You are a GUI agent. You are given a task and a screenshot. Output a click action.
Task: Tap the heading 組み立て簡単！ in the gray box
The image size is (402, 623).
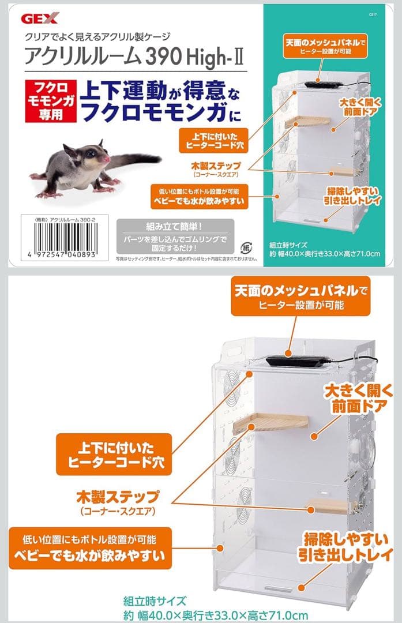(174, 226)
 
